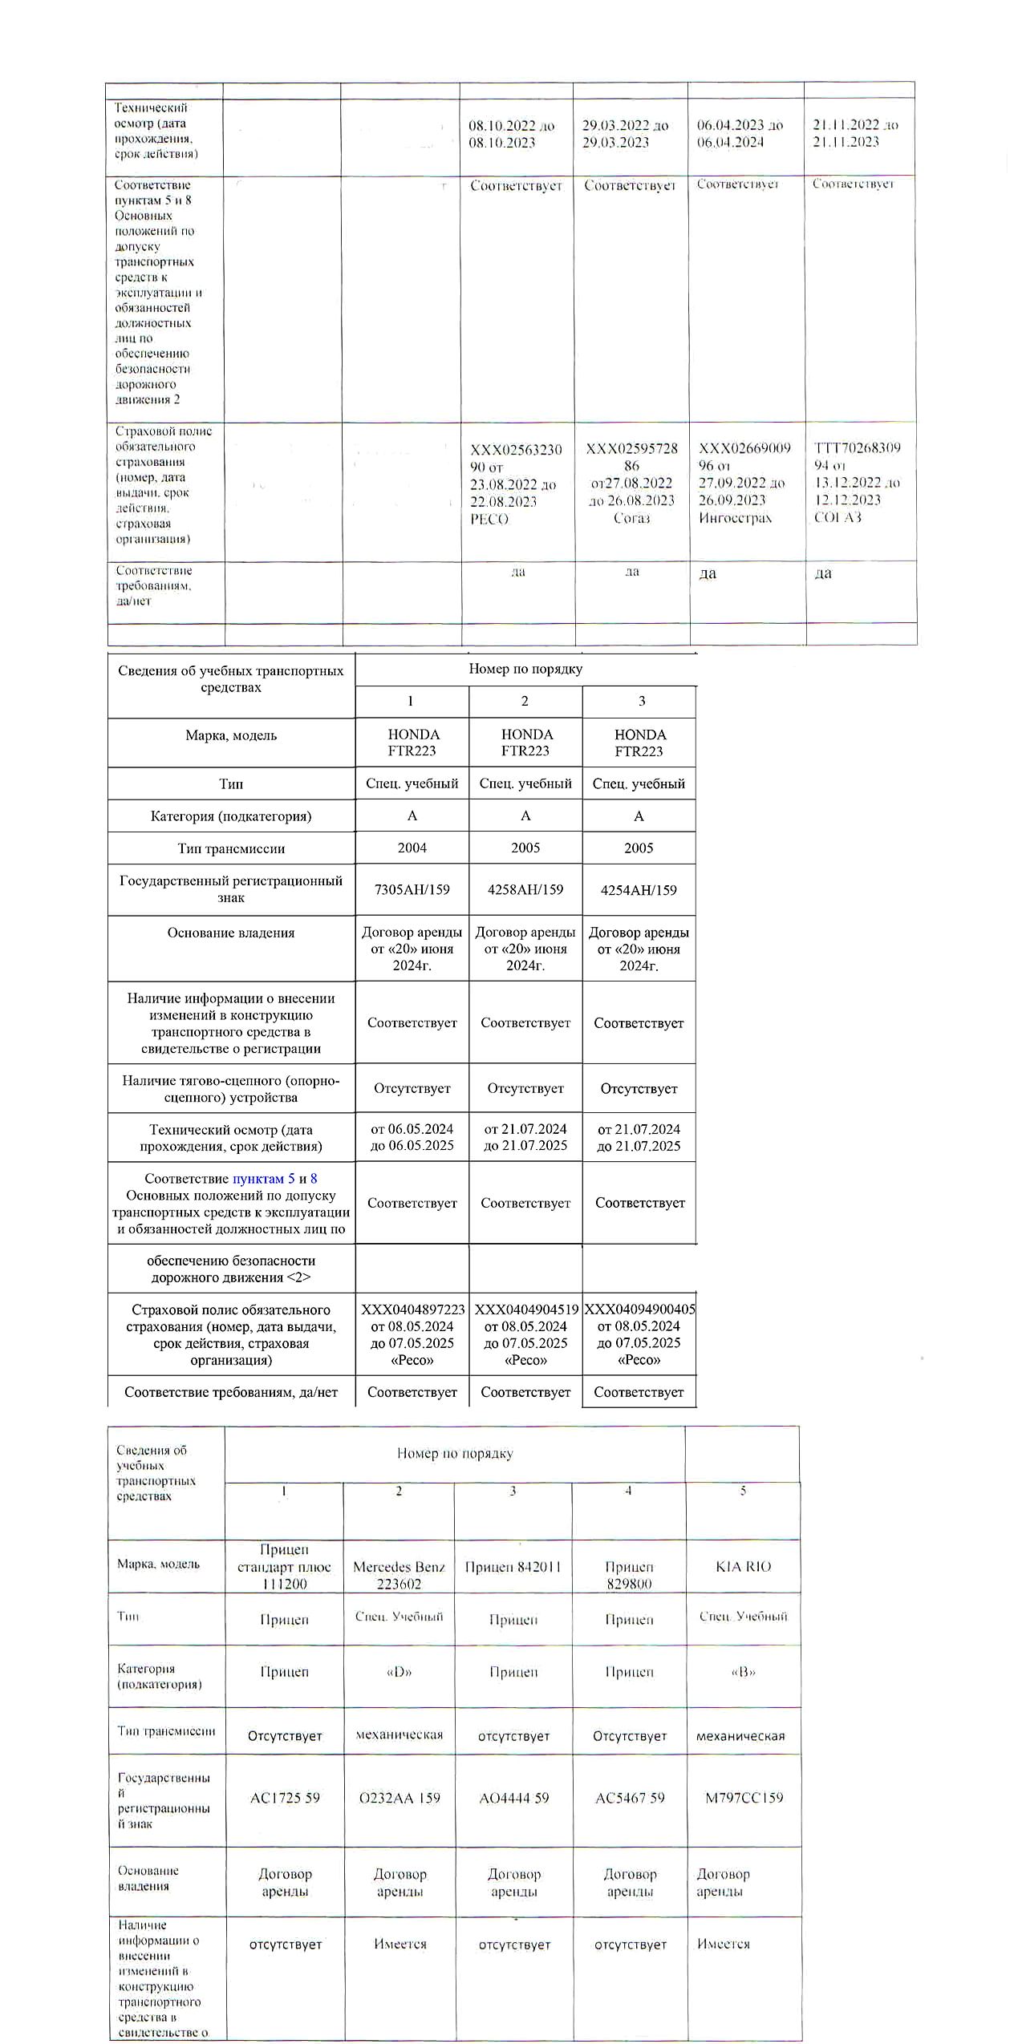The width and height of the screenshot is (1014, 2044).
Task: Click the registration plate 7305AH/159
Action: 412,889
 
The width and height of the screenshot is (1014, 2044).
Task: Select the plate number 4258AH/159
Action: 525,889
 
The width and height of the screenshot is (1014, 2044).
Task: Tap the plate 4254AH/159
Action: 639,890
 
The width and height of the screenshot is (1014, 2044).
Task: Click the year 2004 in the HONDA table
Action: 412,848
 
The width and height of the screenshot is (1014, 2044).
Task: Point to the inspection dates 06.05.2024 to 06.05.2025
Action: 412,1137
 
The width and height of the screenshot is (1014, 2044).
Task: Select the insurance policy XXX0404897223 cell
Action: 412,1334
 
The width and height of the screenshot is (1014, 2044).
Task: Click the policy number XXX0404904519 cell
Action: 525,1334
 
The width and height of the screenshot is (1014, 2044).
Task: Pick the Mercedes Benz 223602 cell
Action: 399,1575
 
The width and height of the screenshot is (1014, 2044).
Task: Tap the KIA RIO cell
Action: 743,1567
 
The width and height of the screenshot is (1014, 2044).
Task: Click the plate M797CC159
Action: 744,1798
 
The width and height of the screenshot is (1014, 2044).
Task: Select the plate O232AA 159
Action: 400,1798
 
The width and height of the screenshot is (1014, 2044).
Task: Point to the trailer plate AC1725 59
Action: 285,1798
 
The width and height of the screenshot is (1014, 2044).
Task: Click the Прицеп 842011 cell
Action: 513,1567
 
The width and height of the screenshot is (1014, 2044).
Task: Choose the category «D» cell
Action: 399,1672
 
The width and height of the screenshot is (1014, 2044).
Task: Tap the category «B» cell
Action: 743,1672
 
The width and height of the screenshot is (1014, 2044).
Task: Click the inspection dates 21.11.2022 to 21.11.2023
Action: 856,133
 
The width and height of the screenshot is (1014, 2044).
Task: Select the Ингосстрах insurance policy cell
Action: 744,483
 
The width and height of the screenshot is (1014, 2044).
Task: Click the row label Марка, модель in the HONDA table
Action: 231,735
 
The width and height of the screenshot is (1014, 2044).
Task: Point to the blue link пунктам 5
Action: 263,1179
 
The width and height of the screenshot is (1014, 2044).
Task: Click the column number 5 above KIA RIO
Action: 743,1491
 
